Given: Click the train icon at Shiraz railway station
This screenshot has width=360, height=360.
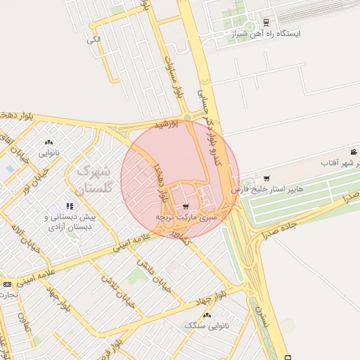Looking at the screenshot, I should coord(265,21).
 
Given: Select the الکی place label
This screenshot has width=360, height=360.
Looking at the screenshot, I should coord(94,39).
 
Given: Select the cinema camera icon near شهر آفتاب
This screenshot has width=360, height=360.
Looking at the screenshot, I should coord(354,152).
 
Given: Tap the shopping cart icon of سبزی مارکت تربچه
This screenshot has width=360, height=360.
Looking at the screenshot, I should coord(185,207).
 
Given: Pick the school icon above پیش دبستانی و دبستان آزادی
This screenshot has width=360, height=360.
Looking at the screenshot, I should coord(69,206).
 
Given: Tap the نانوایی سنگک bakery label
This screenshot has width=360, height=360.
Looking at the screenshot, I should coord(207,325).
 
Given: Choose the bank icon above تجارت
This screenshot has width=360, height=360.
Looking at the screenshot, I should coord(7,284).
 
